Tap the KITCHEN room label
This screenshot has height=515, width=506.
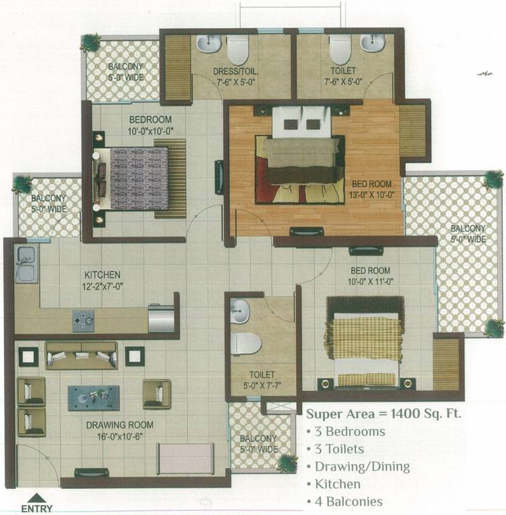[x=102, y=275]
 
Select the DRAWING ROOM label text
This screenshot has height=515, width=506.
[x=119, y=424]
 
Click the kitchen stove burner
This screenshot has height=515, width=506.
[x=84, y=321]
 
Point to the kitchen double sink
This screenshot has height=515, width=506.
[x=26, y=264]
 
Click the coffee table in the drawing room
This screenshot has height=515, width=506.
[x=94, y=397]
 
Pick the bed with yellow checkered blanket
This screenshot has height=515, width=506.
[x=363, y=343]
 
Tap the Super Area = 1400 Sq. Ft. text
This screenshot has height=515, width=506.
[x=383, y=413]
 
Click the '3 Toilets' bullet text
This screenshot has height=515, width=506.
[x=340, y=449]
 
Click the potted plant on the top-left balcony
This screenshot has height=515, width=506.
[x=90, y=43]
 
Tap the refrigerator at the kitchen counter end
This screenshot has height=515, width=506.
[x=162, y=317]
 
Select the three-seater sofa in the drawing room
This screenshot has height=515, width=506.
[x=81, y=356]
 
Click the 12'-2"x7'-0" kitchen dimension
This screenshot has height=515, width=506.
[x=102, y=286]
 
